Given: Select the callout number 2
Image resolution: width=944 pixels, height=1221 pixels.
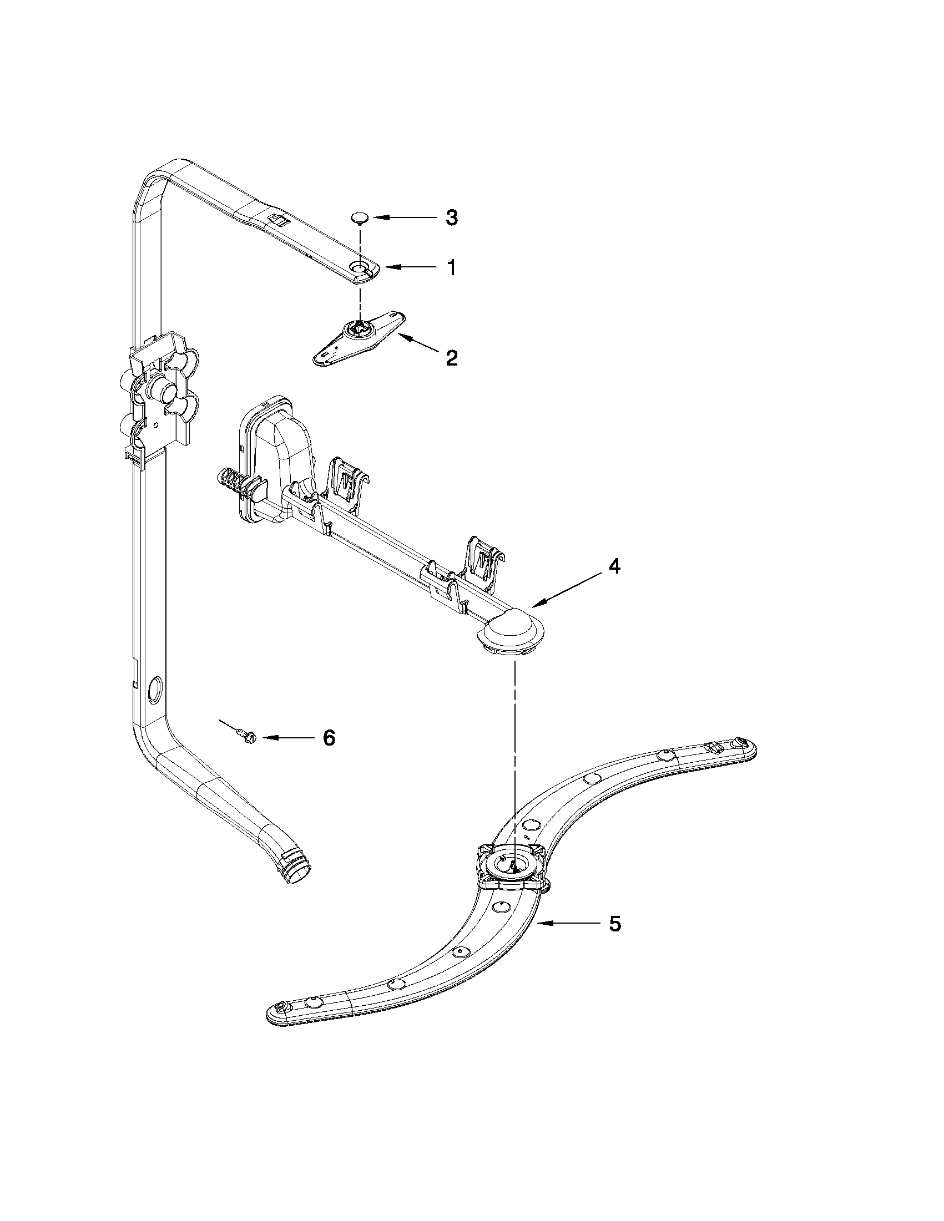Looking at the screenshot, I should tap(451, 357).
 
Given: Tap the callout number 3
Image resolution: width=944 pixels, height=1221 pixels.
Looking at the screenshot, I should tap(451, 217).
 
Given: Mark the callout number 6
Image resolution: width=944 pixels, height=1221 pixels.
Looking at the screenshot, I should tap(329, 738).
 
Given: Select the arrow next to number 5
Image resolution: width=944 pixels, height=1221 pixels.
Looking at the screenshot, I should tap(565, 924).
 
